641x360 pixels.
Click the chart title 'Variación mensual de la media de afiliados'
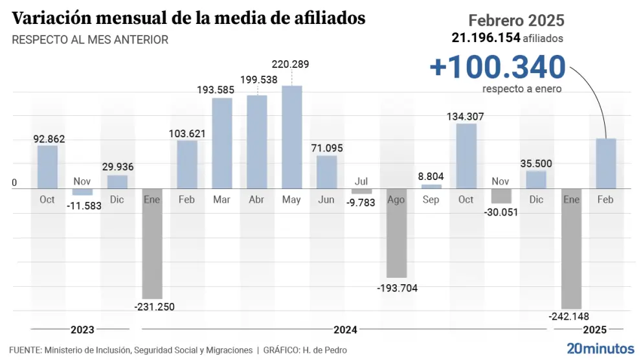tap(188, 18)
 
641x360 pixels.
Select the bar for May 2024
tap(291, 137)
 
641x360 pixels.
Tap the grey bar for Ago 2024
tap(396, 233)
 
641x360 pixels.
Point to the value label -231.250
tap(153, 307)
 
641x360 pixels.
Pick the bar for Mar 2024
tap(222, 143)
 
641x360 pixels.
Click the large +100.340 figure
tap(497, 67)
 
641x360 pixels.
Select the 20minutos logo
tap(600, 348)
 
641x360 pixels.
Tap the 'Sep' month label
tap(431, 199)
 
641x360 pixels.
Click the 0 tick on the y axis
tap(14, 183)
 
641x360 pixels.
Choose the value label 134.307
tap(466, 117)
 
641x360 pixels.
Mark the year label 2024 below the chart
tap(346, 330)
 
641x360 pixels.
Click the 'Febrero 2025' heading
tap(516, 20)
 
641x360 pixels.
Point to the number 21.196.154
tap(486, 38)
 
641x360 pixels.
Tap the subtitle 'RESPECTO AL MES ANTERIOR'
tap(90, 40)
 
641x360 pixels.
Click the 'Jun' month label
tap(326, 199)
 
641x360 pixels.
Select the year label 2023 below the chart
tap(82, 330)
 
